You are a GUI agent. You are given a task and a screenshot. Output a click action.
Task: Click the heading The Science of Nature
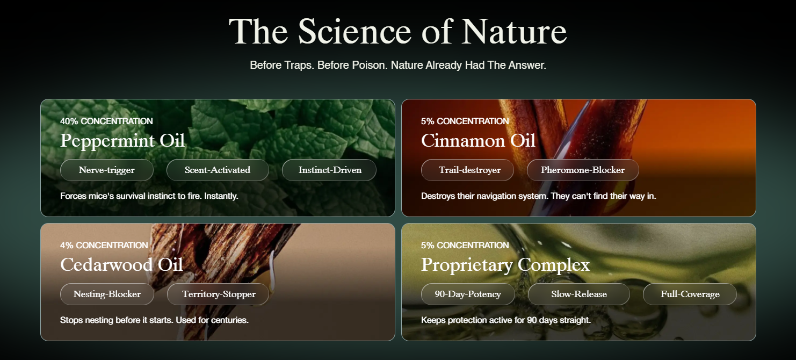click(x=397, y=32)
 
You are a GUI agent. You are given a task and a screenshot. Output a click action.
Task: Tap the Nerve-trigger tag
click(x=106, y=170)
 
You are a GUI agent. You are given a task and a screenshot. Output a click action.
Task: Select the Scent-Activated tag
click(x=218, y=170)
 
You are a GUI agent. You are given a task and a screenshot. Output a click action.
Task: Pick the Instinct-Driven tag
click(x=329, y=170)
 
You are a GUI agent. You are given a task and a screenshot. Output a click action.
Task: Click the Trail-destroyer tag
click(x=467, y=170)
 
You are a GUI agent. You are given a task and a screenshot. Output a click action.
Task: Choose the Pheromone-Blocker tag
click(x=583, y=170)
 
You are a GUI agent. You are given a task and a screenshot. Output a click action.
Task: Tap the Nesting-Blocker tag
click(x=107, y=294)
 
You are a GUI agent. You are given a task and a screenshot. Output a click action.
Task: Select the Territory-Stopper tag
click(x=218, y=294)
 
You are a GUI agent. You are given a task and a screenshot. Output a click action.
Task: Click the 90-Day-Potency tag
click(x=468, y=294)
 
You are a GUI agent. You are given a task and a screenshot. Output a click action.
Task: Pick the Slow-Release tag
click(x=579, y=294)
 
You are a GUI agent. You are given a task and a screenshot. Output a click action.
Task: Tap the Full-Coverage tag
click(x=690, y=294)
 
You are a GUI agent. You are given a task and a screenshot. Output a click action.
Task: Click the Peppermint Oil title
click(x=122, y=141)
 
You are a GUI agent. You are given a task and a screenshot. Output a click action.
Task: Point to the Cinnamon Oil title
click(x=478, y=140)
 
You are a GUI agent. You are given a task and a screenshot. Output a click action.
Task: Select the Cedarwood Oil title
click(x=121, y=264)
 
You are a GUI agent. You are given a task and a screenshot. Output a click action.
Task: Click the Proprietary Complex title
click(x=505, y=265)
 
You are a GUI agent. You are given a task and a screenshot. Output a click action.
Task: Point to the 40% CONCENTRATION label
click(x=106, y=121)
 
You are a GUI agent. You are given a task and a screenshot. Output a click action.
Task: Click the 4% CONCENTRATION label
click(x=104, y=245)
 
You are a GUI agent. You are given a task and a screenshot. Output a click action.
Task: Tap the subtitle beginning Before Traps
click(x=398, y=65)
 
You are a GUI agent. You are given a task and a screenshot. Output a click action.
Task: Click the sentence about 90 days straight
click(x=505, y=320)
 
